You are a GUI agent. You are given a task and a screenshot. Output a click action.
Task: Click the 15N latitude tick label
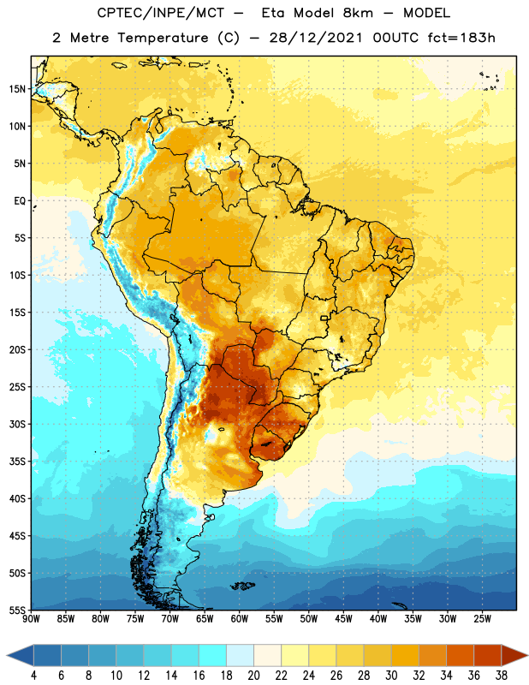tap(17, 89)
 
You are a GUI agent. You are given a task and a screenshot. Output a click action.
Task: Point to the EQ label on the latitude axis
tap(20, 201)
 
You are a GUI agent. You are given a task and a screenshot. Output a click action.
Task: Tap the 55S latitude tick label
tap(17, 611)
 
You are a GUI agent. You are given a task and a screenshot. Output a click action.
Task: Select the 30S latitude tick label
tap(17, 424)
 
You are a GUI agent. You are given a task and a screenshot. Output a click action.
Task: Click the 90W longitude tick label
tap(31, 619)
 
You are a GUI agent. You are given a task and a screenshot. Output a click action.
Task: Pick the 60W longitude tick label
tap(240, 619)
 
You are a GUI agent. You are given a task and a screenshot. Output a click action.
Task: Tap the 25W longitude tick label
tap(482, 619)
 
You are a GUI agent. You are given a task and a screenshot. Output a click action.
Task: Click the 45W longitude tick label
tap(343, 619)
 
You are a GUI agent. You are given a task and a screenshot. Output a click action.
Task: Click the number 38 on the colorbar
tap(501, 676)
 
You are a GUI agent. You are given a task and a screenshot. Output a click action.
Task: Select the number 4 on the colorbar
tap(33, 676)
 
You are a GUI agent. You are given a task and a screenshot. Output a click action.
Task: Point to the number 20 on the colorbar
tap(253, 676)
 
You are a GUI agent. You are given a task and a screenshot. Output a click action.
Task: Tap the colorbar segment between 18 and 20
tap(240, 656)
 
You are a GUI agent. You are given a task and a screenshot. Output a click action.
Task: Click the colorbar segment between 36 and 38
tap(488, 656)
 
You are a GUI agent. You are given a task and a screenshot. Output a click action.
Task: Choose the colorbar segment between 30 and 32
tap(405, 656)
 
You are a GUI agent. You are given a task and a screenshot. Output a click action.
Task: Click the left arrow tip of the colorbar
tap(7, 656)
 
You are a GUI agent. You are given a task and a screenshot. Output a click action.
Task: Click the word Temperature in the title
tap(163, 38)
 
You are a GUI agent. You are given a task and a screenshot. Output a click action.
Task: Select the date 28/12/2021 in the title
tap(316, 38)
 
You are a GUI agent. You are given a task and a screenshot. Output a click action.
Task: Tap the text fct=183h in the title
tap(461, 38)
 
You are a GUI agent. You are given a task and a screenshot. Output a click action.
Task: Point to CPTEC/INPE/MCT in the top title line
tap(161, 13)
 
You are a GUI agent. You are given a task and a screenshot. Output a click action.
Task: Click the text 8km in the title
tap(358, 13)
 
